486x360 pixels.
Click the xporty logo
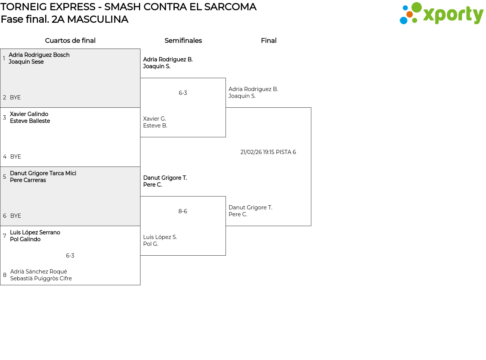coord(441,14)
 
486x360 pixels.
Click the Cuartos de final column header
coord(70,41)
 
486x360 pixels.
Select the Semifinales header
coord(183,41)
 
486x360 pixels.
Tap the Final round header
coord(268,41)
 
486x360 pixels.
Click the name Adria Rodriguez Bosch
coord(39,55)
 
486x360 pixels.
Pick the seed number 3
coord(5,118)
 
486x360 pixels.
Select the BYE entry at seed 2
coord(15,97)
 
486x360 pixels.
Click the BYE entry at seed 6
coord(16,216)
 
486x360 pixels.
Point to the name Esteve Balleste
coord(30,121)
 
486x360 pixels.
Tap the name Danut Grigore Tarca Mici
coord(43,173)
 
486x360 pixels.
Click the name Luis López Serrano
coord(35,233)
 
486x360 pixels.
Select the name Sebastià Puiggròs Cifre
coord(41,278)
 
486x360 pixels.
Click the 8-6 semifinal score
coord(183,211)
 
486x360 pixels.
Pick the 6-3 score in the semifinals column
coord(183,93)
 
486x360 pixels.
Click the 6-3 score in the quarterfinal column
coord(70,256)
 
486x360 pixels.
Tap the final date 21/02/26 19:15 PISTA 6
coord(268,152)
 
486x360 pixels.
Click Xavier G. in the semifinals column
coord(155,119)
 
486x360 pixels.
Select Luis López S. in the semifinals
coord(160,237)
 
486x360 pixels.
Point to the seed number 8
coord(5,275)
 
